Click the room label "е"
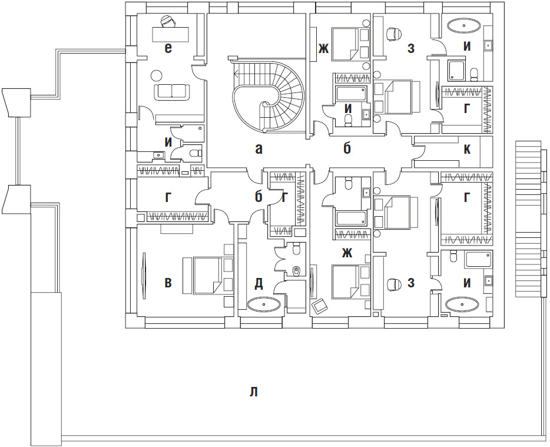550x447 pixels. [x=168, y=48]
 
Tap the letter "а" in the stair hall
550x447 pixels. [x=259, y=150]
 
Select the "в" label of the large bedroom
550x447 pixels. [x=168, y=283]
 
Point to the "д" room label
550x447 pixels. [x=259, y=283]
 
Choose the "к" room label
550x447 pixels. [x=467, y=149]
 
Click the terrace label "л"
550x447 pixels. [x=254, y=392]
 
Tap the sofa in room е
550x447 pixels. [x=172, y=91]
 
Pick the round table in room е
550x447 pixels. [x=156, y=75]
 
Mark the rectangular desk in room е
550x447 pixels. [x=170, y=34]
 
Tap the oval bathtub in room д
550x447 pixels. [x=263, y=304]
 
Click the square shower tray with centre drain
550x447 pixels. [x=458, y=69]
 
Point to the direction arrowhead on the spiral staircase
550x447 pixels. [x=236, y=74]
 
